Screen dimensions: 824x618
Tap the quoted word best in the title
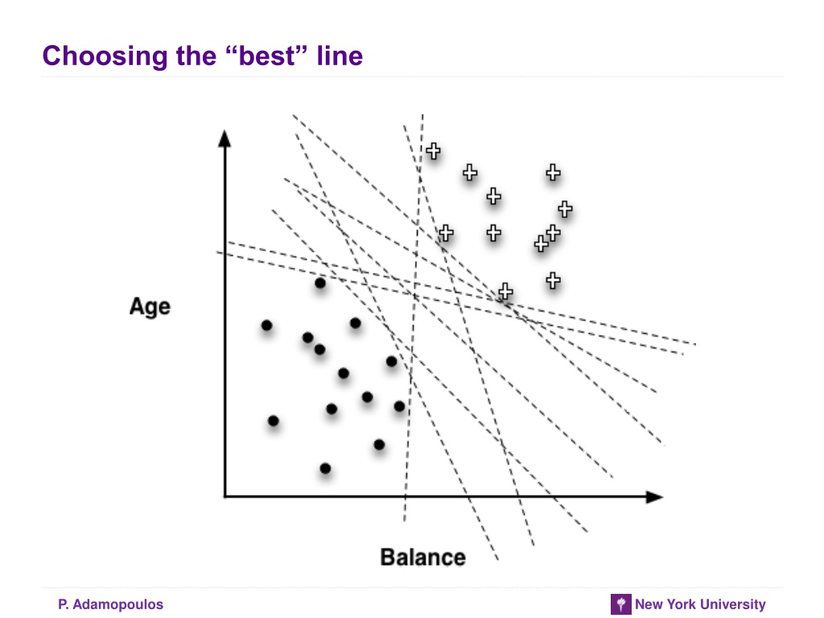point(267,56)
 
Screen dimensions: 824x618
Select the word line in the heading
point(340,56)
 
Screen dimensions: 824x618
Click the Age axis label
point(150,307)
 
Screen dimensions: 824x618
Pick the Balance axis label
point(422,557)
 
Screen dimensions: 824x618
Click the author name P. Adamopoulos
point(110,604)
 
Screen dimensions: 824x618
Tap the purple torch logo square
point(620,604)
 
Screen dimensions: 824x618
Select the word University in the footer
point(733,604)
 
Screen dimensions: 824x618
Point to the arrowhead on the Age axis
point(225,138)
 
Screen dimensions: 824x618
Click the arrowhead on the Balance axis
point(654,496)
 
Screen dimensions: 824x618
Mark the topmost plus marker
point(433,151)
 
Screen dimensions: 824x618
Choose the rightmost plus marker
point(565,209)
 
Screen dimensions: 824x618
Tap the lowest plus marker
point(505,291)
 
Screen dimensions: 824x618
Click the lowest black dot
point(325,468)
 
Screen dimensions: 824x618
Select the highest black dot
point(320,283)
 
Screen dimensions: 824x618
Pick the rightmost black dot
point(399,406)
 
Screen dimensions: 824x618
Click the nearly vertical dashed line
point(414,318)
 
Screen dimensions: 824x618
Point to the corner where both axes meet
point(225,496)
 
